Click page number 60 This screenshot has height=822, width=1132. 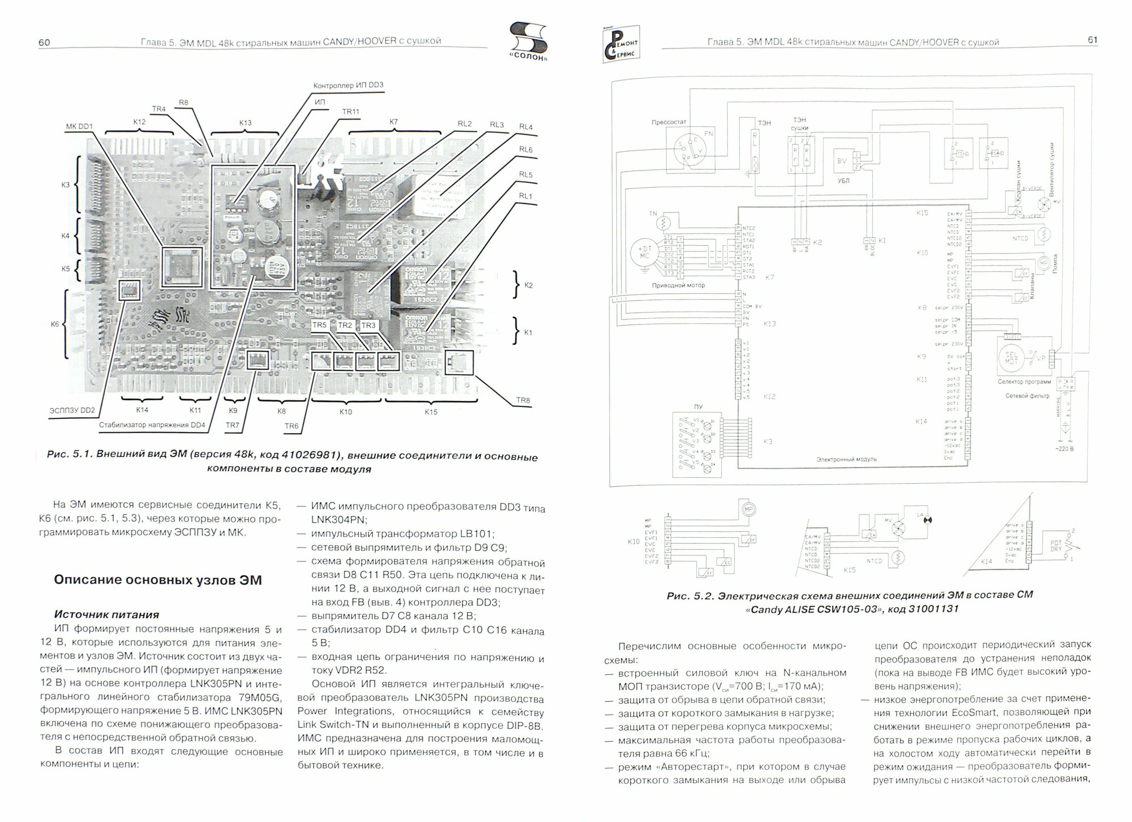(44, 42)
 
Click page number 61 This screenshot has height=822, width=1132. (1092, 40)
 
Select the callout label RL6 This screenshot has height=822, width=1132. (526, 149)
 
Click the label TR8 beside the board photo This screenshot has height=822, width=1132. (523, 401)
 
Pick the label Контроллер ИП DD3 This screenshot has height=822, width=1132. (348, 85)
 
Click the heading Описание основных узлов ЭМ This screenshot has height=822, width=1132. (157, 580)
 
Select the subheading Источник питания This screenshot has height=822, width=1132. (106, 614)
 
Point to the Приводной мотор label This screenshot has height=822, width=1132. (678, 285)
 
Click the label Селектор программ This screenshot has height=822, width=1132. (1024, 382)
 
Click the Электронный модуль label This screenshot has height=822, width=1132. (846, 459)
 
